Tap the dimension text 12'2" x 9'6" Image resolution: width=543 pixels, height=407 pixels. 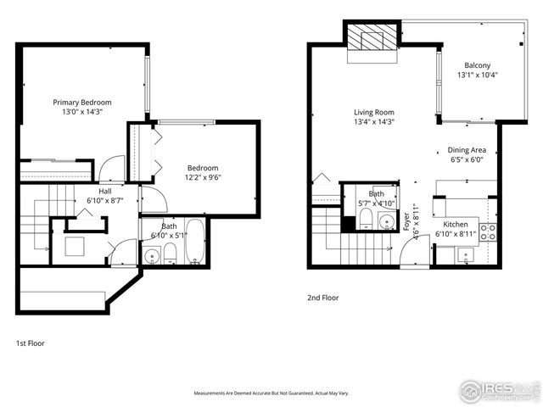point(203,178)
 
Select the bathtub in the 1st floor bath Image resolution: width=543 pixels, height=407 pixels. point(195,243)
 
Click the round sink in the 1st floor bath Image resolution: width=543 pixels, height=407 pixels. point(153,255)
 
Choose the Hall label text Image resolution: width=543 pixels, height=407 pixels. point(104,192)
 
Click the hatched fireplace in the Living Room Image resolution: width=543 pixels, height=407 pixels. point(372,40)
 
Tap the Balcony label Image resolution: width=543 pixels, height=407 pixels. point(477,66)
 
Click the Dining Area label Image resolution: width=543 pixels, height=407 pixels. point(467,150)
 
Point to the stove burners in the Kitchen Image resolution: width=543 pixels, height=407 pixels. point(488,230)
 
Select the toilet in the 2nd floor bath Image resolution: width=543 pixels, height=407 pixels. point(365,221)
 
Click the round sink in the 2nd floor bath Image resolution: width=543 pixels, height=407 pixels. point(387,222)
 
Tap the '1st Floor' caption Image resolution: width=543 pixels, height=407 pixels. point(31,343)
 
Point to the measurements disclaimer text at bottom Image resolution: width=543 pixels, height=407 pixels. point(271,393)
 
